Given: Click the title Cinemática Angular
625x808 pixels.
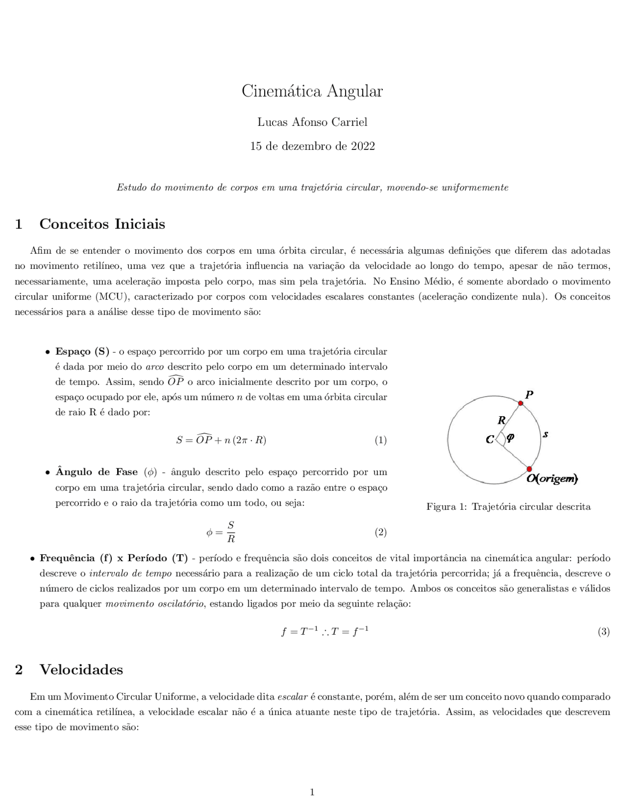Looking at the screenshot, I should pos(312,91).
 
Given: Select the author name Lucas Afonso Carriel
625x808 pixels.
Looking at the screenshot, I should pos(312,122).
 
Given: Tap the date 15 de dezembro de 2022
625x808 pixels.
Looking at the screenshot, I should pos(312,146).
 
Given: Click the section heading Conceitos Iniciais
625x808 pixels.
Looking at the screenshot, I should pos(102,224).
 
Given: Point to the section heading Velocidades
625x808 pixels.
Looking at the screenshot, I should pos(81,669).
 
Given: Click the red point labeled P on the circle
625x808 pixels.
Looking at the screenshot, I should pos(521,403).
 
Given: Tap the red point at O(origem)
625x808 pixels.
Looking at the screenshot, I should pos(529,469).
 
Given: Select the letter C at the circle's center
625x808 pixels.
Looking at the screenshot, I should pos(490,440).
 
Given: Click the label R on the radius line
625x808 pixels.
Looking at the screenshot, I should pos(501,420).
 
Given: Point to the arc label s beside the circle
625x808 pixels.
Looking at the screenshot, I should pos(545,434).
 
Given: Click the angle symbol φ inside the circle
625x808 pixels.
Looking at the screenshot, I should pos(510,438).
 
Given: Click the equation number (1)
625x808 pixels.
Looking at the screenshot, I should pos(380,440).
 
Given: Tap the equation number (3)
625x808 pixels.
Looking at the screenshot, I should pos(604,632).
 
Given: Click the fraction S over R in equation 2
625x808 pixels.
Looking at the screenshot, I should pos(231,532).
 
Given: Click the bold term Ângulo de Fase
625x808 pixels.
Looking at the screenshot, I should pos(97,472).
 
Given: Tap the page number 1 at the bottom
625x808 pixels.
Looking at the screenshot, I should pos(312,792).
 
